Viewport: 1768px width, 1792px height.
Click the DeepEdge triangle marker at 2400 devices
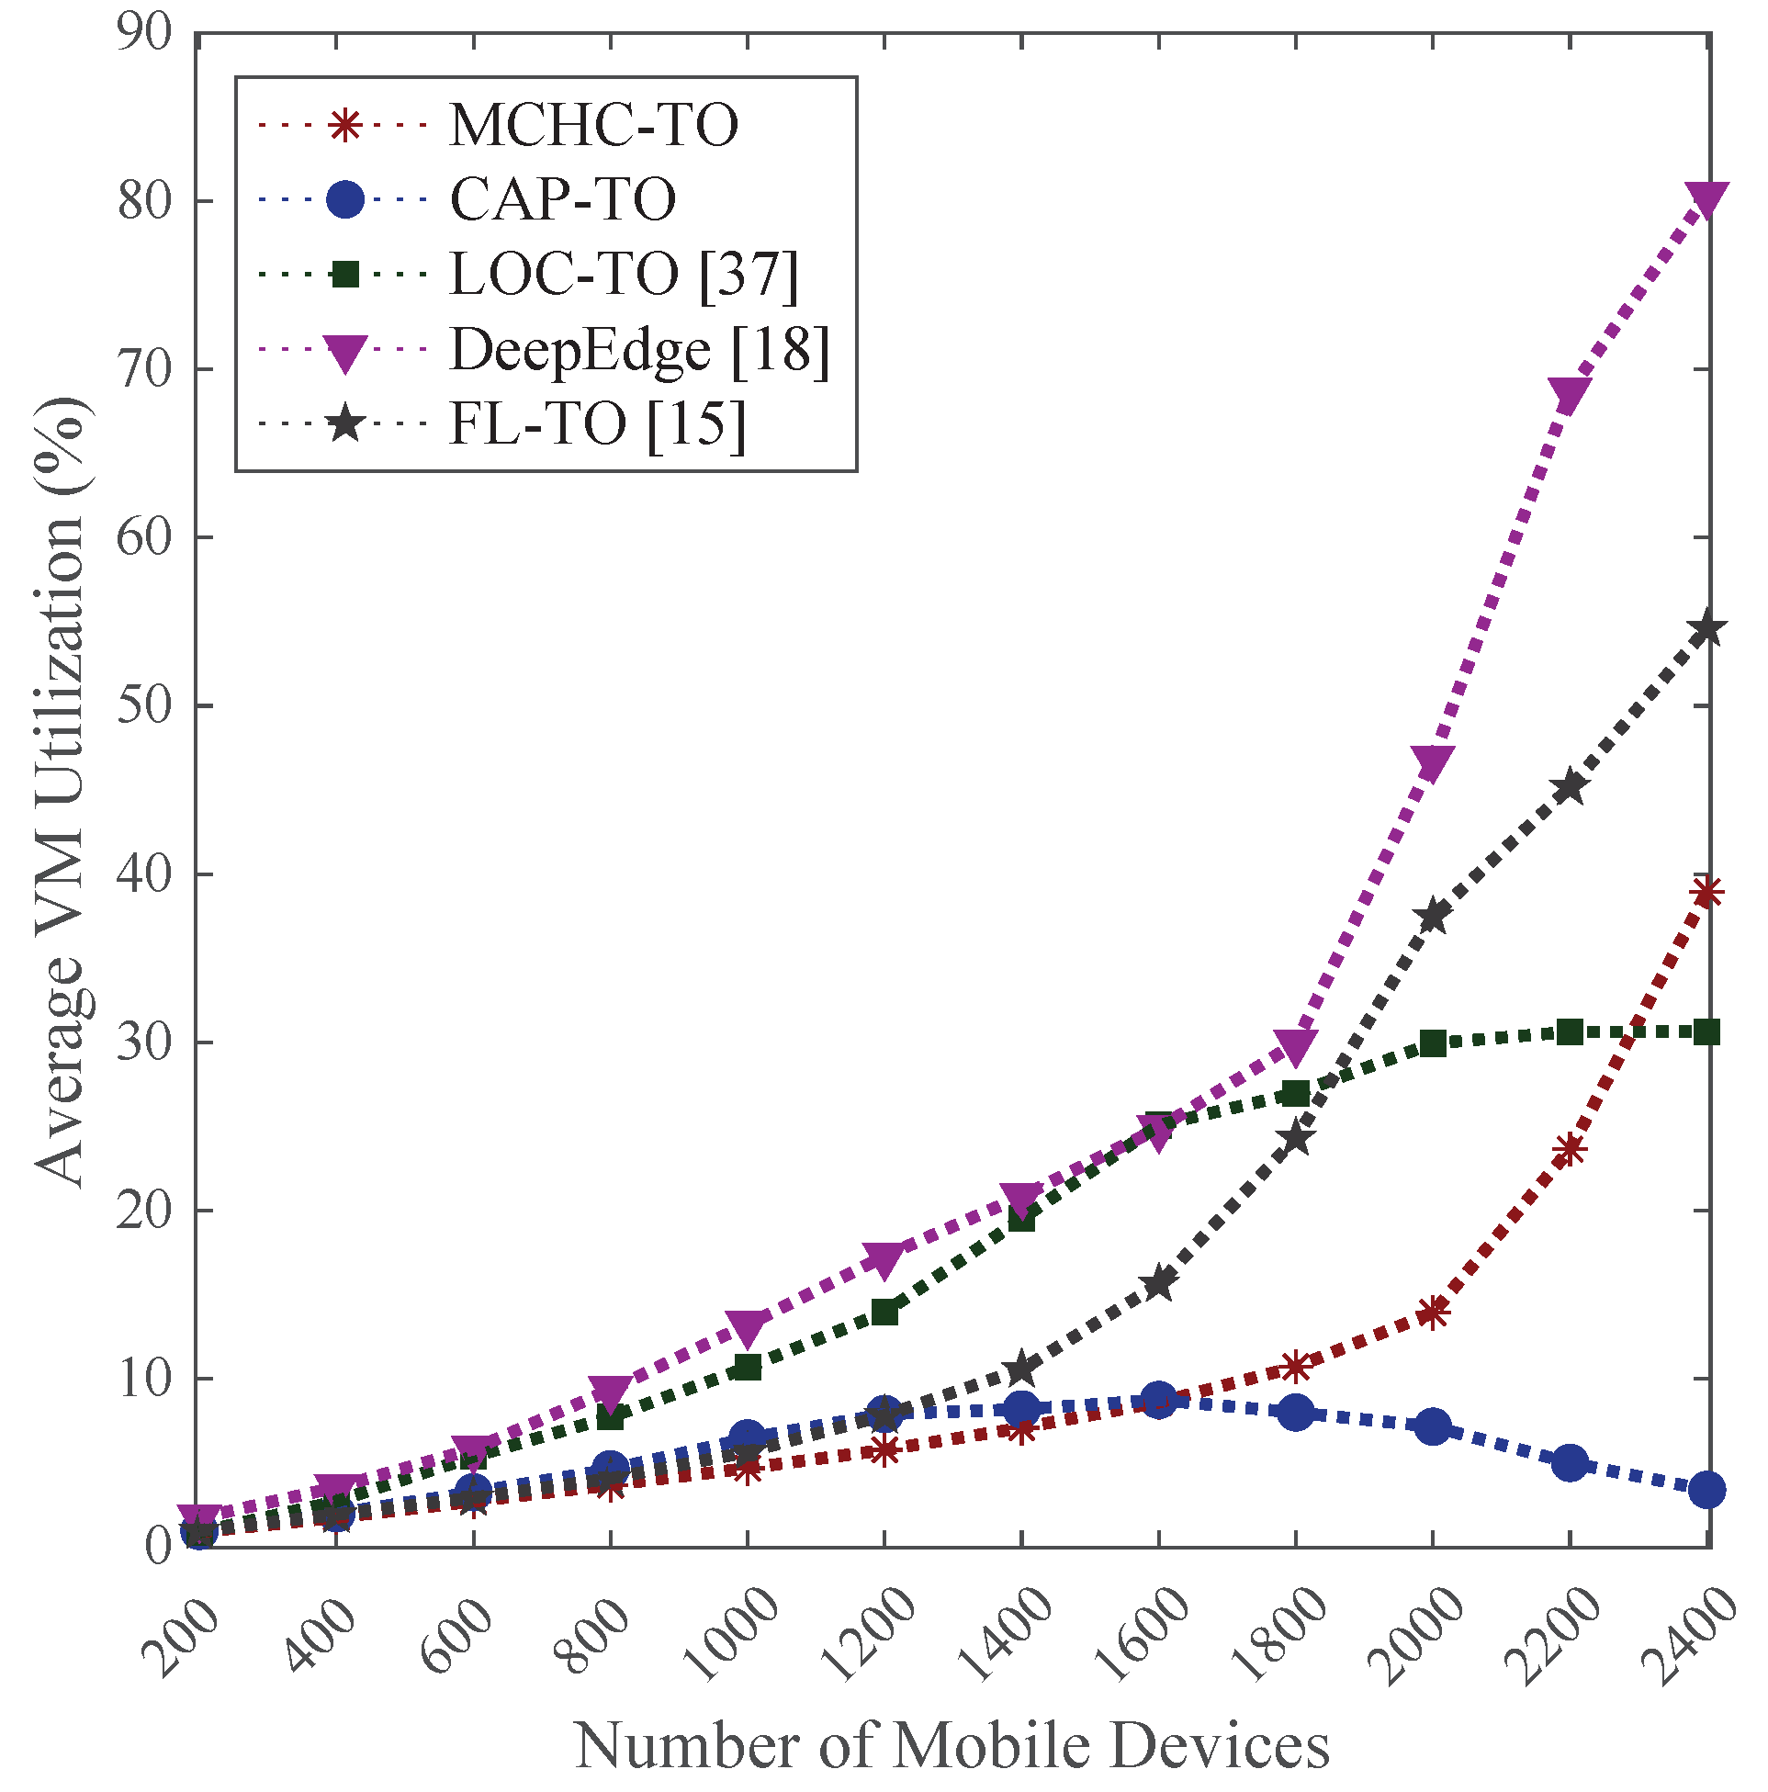pyautogui.click(x=1707, y=198)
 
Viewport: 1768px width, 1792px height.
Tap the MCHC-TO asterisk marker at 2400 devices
pyautogui.click(x=1707, y=892)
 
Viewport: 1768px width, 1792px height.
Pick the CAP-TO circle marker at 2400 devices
pyautogui.click(x=1707, y=1491)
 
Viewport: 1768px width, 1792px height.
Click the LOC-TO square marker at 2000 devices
pyautogui.click(x=1433, y=1043)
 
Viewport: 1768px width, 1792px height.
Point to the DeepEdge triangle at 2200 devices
pyautogui.click(x=1570, y=394)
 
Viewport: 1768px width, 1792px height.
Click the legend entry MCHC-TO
pyautogui.click(x=593, y=125)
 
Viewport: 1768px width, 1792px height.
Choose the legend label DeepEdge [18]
pyautogui.click(x=640, y=350)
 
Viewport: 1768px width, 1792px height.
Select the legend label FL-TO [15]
pyautogui.click(x=597, y=425)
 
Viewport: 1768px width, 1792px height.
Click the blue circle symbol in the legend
pyautogui.click(x=345, y=199)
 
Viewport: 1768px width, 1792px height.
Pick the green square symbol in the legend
pyautogui.click(x=345, y=275)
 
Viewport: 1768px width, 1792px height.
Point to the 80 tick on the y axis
pyautogui.click(x=146, y=201)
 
